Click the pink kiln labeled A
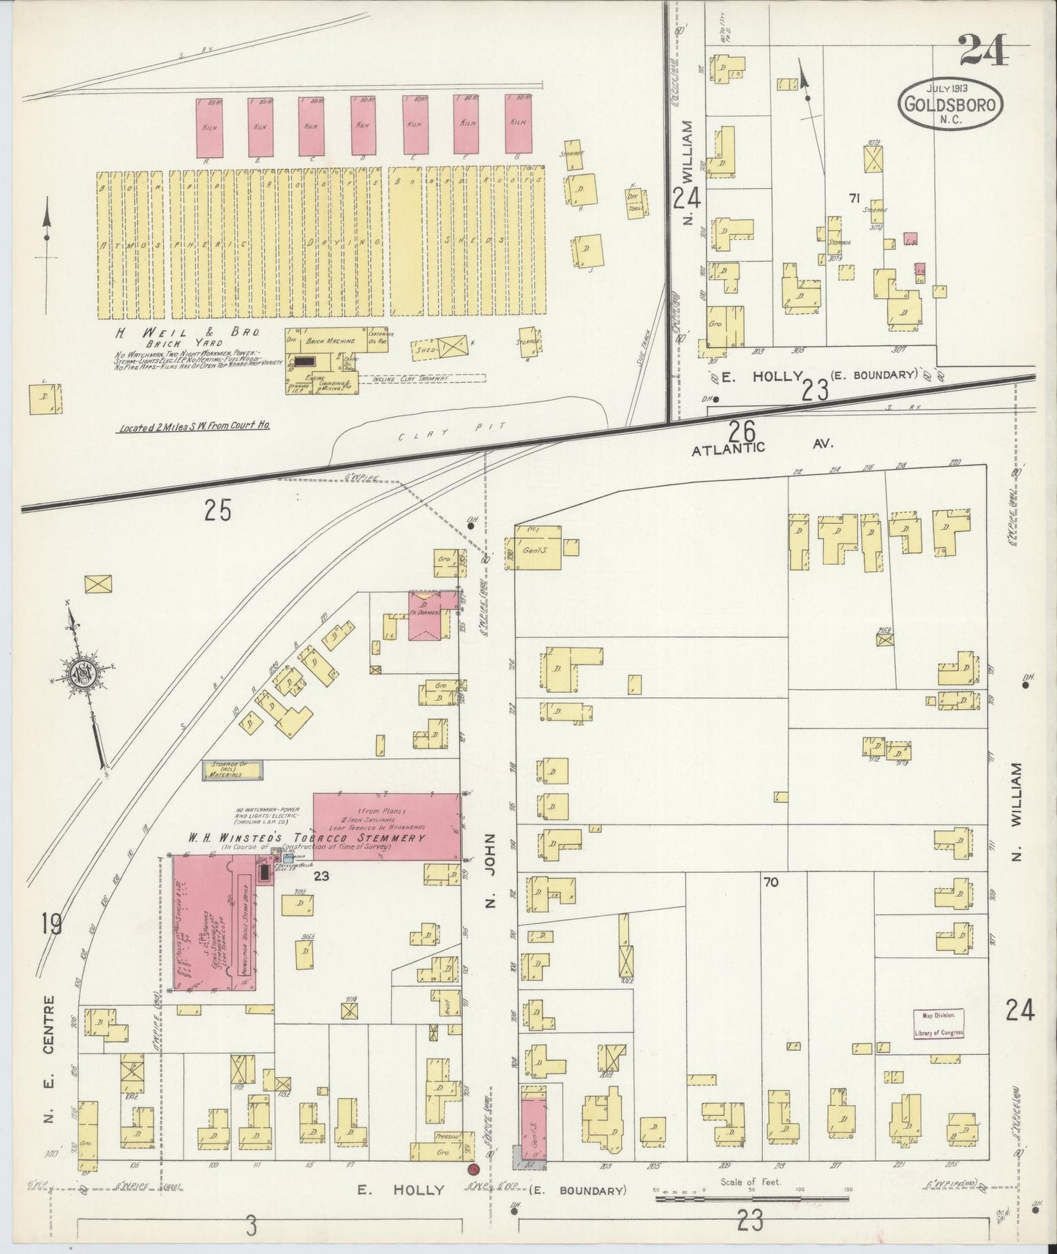pos(208,127)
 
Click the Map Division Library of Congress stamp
pos(938,1023)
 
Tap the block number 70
pos(770,882)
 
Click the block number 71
pos(853,198)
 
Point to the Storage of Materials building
pos(233,770)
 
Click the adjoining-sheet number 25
pos(218,509)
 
